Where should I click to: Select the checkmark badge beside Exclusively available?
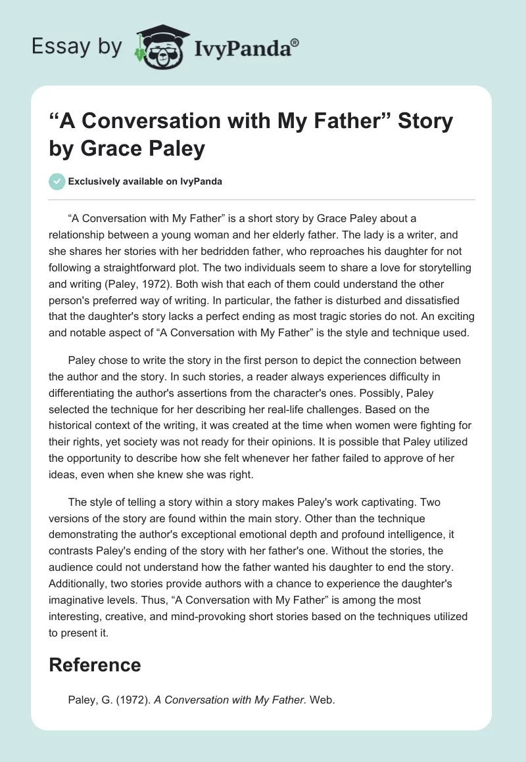[57, 181]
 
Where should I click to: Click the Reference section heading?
[95, 664]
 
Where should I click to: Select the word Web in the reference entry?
[322, 700]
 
